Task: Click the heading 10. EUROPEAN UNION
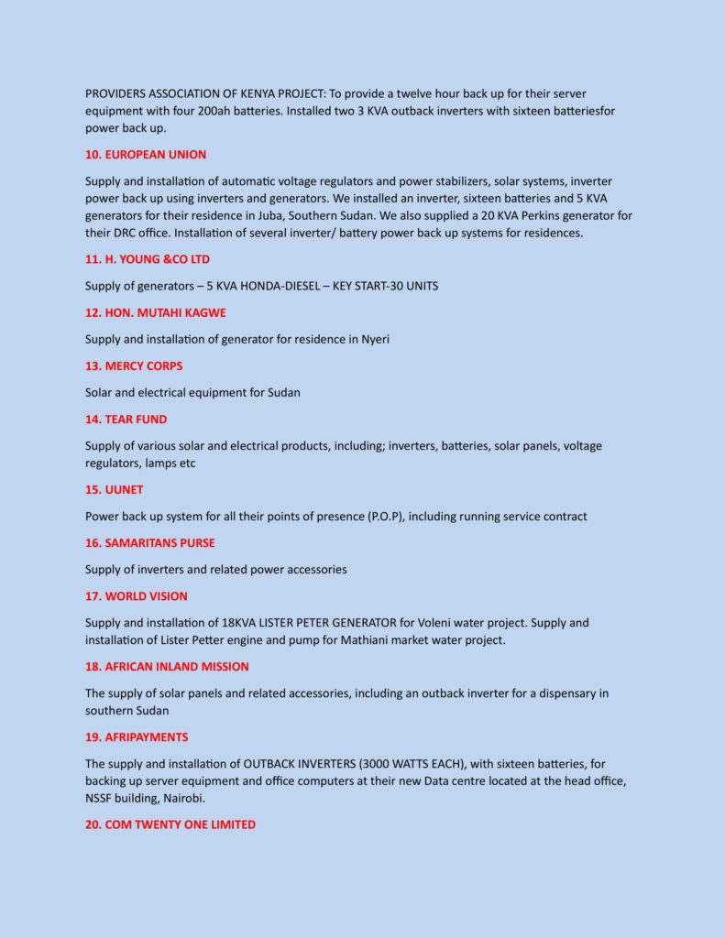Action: (x=146, y=155)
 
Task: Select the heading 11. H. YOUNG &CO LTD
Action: (x=148, y=260)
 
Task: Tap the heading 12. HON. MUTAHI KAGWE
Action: (x=156, y=313)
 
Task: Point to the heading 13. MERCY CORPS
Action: (x=134, y=366)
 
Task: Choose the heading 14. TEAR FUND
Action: (x=126, y=420)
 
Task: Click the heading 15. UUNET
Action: (x=115, y=490)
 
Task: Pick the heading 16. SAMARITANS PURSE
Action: (x=150, y=543)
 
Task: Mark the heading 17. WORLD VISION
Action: (x=137, y=596)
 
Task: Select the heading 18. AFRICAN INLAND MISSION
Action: (x=167, y=667)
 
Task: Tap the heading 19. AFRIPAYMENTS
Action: (x=137, y=737)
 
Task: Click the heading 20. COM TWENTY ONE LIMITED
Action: (x=170, y=825)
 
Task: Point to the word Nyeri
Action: (x=374, y=340)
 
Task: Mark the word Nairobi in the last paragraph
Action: (x=184, y=799)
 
